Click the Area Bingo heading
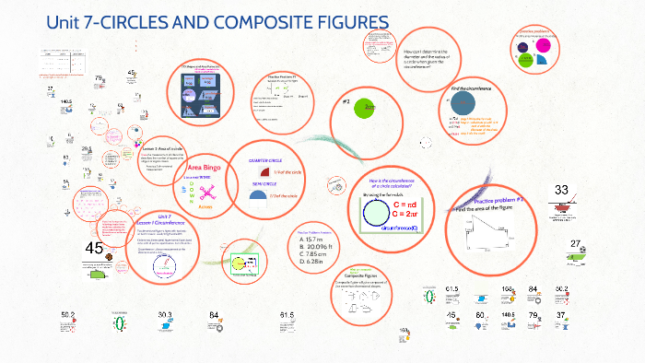point(206,168)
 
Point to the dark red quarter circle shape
point(265,172)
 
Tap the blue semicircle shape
point(259,195)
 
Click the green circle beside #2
point(368,108)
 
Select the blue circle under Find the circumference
point(458,106)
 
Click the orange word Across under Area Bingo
point(205,207)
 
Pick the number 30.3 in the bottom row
point(165,315)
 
